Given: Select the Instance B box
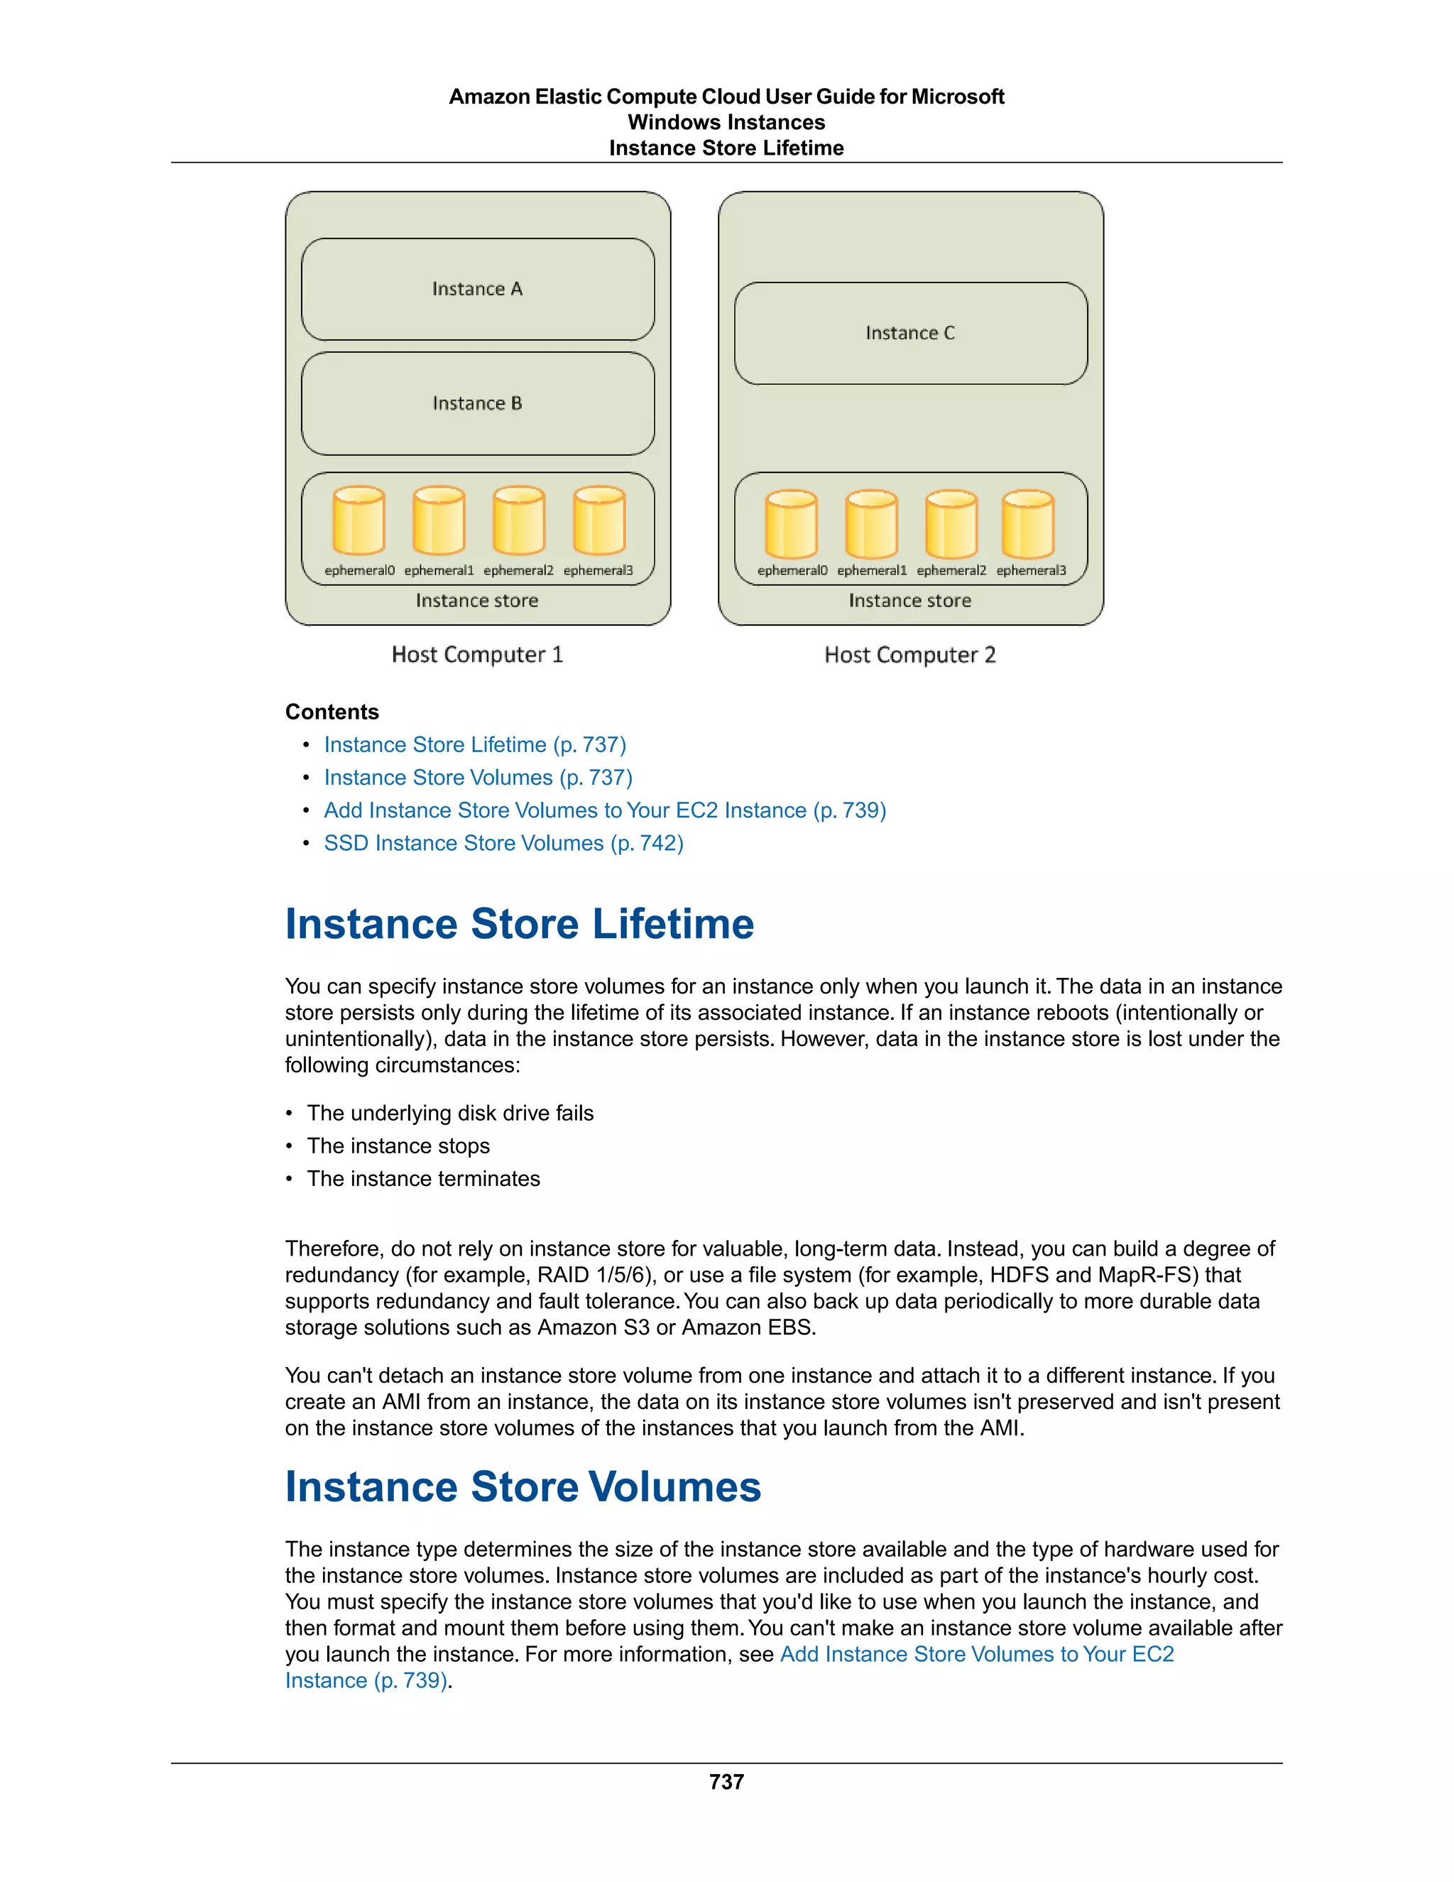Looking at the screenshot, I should [x=477, y=403].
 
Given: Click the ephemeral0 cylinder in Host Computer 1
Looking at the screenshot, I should [x=359, y=521].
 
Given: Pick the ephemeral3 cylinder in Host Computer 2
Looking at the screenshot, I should [x=1027, y=524].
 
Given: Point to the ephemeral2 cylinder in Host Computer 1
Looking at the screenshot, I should [x=518, y=521].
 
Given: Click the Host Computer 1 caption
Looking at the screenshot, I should [x=477, y=655].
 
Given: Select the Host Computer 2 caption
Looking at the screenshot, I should [x=909, y=655].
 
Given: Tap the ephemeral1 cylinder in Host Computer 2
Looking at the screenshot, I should [x=871, y=524].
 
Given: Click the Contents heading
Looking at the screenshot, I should [x=332, y=712].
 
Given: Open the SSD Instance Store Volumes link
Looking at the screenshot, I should [x=503, y=843].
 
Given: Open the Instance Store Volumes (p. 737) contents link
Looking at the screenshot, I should [x=478, y=777].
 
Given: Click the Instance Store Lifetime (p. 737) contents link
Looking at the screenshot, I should [x=475, y=744].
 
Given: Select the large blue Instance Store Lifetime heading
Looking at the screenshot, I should [x=520, y=924].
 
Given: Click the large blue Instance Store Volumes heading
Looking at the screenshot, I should [x=523, y=1486].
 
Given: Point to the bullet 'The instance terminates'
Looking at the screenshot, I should [x=423, y=1179].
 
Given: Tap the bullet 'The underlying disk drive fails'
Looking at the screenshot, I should [x=449, y=1114].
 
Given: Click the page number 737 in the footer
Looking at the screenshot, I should [x=726, y=1782].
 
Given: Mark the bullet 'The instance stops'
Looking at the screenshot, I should [x=398, y=1146].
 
